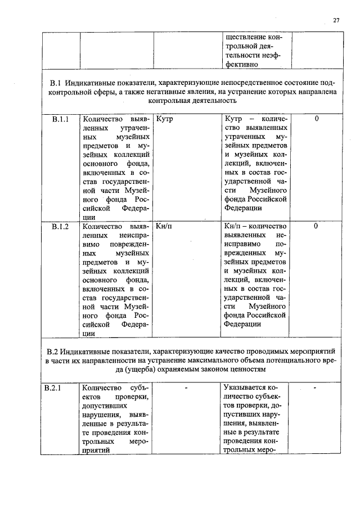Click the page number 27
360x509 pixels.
[336, 20]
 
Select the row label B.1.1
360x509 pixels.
[60, 119]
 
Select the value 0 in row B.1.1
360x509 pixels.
[317, 119]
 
